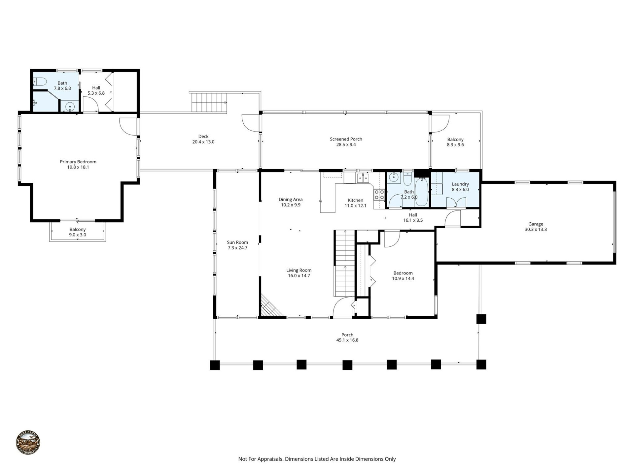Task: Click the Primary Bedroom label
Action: coord(78,162)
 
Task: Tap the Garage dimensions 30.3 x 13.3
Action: coord(536,230)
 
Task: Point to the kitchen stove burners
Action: coord(379,195)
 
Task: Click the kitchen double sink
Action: coord(363,178)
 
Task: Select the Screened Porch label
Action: coord(346,139)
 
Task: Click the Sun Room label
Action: coord(237,242)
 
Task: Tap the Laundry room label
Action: coord(460,184)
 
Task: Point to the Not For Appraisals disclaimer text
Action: coord(317,459)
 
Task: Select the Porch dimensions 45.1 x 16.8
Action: coord(347,340)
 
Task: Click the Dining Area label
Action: coord(290,199)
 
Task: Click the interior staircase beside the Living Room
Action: coord(345,264)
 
